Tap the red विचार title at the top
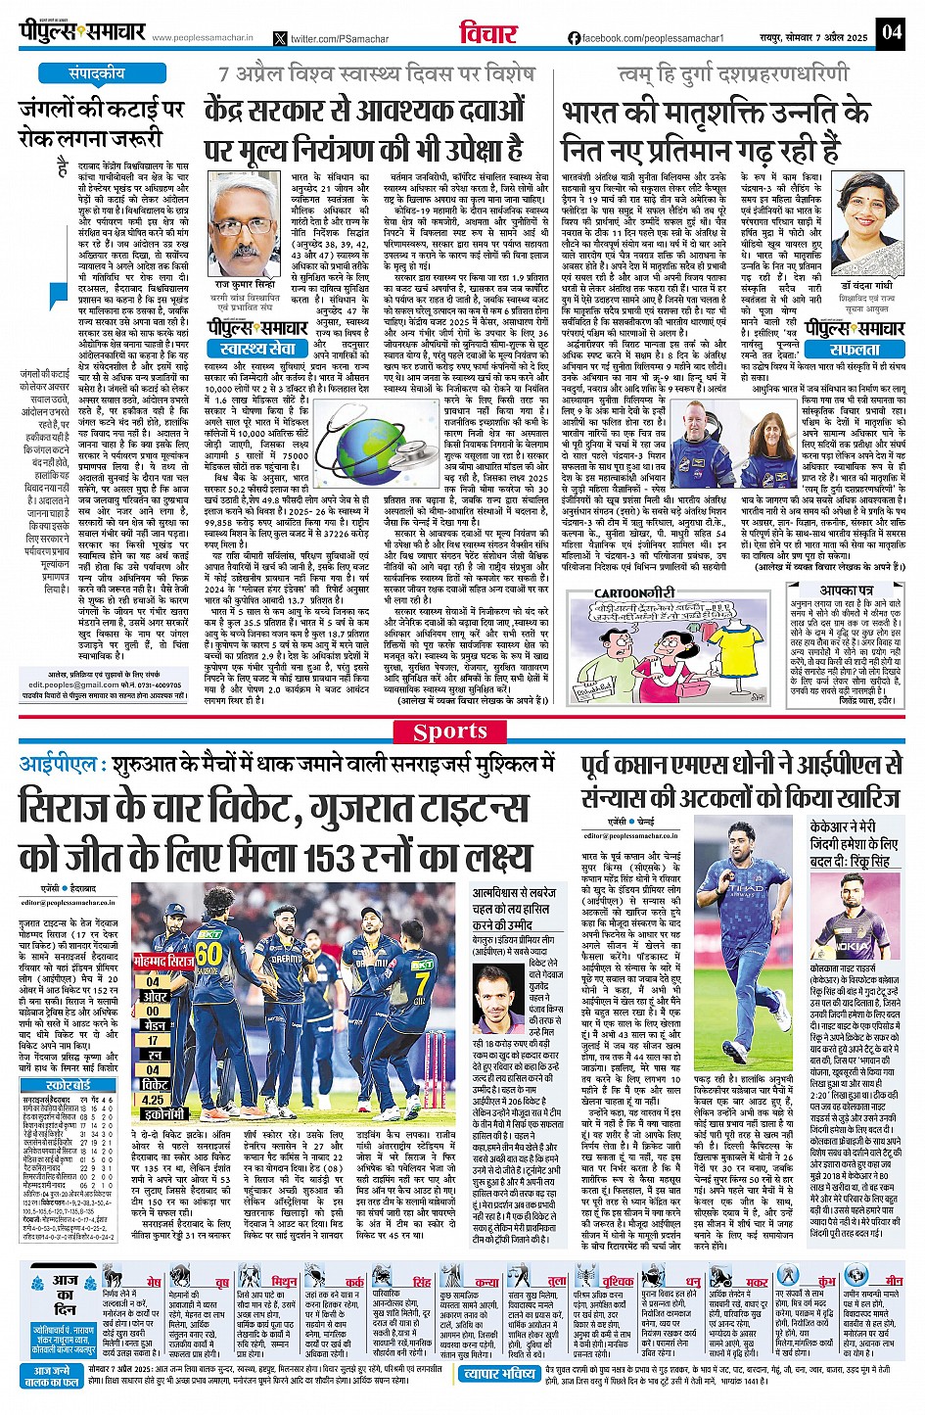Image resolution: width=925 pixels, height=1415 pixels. (487, 33)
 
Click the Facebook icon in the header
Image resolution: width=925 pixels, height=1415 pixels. (574, 38)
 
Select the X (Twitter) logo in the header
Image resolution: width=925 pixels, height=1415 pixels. (281, 38)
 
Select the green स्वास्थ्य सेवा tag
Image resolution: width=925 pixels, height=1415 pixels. (257, 349)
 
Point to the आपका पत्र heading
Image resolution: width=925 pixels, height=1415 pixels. (848, 591)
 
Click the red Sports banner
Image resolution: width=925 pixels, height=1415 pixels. (463, 731)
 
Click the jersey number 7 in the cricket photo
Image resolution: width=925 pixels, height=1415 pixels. (420, 982)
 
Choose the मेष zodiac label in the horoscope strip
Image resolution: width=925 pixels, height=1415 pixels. (154, 1282)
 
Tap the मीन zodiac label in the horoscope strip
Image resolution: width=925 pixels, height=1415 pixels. (895, 1281)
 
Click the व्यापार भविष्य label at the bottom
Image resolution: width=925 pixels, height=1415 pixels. (499, 1374)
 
